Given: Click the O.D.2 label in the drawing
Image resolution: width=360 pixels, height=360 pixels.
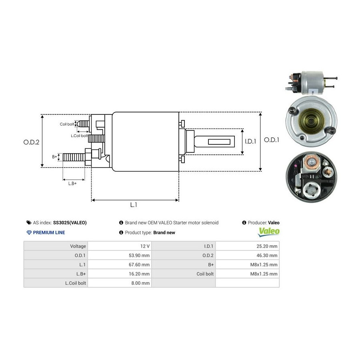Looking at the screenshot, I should pyautogui.click(x=31, y=142).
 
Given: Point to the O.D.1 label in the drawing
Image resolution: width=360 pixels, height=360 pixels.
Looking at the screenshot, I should pyautogui.click(x=272, y=140).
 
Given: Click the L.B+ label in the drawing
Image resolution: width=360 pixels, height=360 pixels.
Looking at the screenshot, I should pyautogui.click(x=72, y=183).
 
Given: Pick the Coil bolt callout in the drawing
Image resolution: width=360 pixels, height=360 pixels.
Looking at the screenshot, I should pyautogui.click(x=67, y=124).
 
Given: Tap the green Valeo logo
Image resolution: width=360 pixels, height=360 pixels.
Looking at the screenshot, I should pyautogui.click(x=269, y=231).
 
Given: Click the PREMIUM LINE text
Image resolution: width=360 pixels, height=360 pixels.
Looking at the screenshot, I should pyautogui.click(x=48, y=232).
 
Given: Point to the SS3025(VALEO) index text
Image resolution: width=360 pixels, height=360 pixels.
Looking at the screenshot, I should pyautogui.click(x=70, y=223).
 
